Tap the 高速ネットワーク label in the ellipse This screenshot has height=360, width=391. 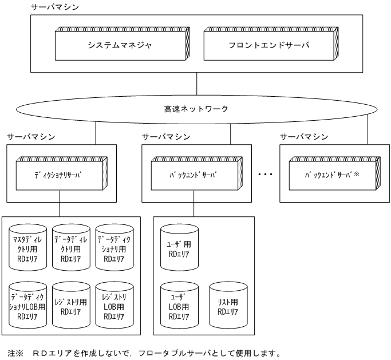(x=196, y=109)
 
